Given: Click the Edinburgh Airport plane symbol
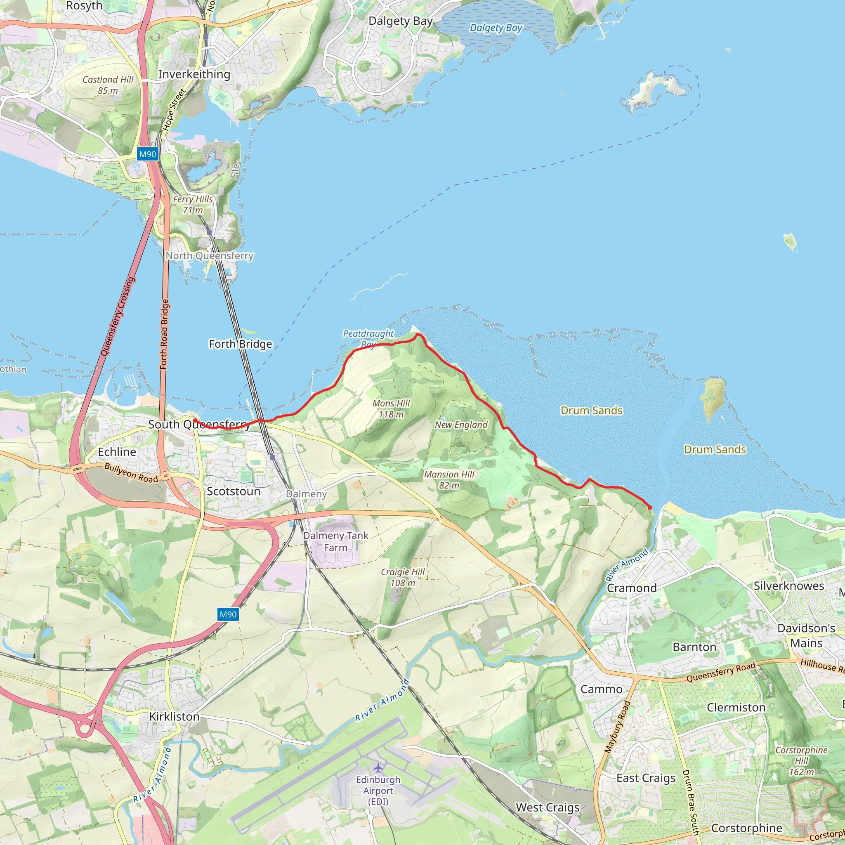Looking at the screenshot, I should pyautogui.click(x=378, y=768).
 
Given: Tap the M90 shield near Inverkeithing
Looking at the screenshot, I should pyautogui.click(x=147, y=154).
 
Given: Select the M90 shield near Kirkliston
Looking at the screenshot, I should pyautogui.click(x=228, y=614).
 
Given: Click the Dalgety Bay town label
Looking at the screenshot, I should pyautogui.click(x=400, y=21).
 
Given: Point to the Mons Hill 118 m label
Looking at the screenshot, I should pyautogui.click(x=391, y=408).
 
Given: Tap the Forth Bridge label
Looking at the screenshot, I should pyautogui.click(x=240, y=344).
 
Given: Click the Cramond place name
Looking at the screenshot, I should pyautogui.click(x=632, y=588).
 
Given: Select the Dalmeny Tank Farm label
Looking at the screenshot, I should pyautogui.click(x=335, y=541).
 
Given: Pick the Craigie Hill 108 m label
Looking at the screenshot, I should pyautogui.click(x=402, y=577).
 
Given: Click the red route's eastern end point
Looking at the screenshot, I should pyautogui.click(x=650, y=507).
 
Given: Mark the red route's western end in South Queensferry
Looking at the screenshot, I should pyautogui.click(x=195, y=420).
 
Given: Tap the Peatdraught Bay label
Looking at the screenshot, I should pyautogui.click(x=368, y=338).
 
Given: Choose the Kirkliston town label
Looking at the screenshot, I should pyautogui.click(x=174, y=716).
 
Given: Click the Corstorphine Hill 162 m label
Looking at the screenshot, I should pyautogui.click(x=801, y=761).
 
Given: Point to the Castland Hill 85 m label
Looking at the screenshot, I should pyautogui.click(x=108, y=85).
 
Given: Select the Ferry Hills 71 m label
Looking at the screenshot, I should pyautogui.click(x=192, y=204).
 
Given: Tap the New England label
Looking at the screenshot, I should pyautogui.click(x=461, y=425).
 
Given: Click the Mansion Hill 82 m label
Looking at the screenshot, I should pyautogui.click(x=449, y=479).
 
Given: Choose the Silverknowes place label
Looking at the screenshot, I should pyautogui.click(x=788, y=585).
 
